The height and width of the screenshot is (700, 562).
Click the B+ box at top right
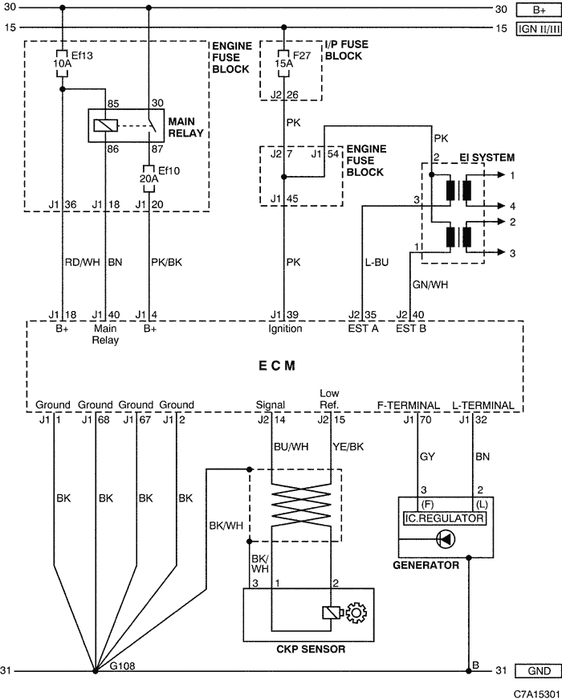coord(539,10)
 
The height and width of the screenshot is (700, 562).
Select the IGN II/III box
coord(539,29)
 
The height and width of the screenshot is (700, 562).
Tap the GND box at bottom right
coord(539,670)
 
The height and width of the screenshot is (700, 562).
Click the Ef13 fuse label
coord(82,55)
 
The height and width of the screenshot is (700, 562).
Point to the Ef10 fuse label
coord(169,170)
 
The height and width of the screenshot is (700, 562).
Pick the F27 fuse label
coord(302,55)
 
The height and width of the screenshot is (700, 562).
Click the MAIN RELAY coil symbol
coord(106,125)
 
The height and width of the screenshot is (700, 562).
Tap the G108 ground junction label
coord(122,666)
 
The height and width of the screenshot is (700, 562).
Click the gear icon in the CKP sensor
coord(356,612)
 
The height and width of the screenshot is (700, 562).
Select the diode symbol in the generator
coord(446,539)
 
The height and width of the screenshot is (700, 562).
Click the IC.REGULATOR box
coord(445,518)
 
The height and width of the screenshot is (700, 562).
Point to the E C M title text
coord(276,366)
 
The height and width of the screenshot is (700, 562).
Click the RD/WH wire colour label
coord(83,262)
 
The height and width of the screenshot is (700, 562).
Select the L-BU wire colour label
coord(377,262)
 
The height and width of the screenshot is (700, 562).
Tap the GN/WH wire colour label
coord(430,285)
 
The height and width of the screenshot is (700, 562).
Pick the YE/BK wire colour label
coord(348,446)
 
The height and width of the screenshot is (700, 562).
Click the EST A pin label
coord(363,329)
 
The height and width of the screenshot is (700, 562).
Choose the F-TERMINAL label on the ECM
coord(409,405)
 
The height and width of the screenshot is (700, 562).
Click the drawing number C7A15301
coord(536,694)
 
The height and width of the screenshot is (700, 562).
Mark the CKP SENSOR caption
coord(311,649)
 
